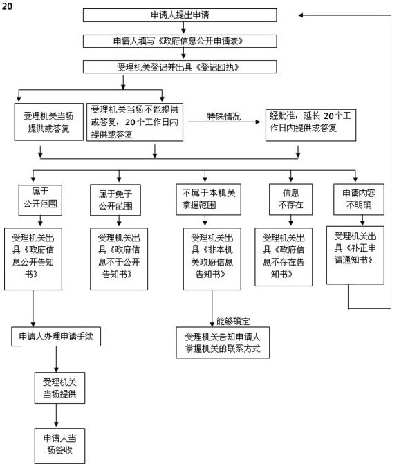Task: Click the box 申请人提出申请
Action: click(x=180, y=15)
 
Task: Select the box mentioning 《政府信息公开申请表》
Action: click(x=180, y=41)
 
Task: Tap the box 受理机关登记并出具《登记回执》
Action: click(x=180, y=67)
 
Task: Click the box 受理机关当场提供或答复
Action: click(x=49, y=122)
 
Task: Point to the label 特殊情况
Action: click(x=224, y=116)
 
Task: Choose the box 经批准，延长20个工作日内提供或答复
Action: click(x=310, y=125)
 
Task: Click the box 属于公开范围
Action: click(x=40, y=200)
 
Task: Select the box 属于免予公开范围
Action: click(x=115, y=200)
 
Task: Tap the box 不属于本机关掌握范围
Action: click(x=208, y=199)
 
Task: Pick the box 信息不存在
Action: click(x=290, y=199)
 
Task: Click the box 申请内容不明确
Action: click(x=359, y=199)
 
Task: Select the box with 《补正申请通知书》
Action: click(x=355, y=255)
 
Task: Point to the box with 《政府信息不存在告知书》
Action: click(x=284, y=257)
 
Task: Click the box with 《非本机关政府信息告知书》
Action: click(x=212, y=259)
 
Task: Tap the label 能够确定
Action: click(x=233, y=322)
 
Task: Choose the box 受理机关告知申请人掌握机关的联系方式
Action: click(x=223, y=343)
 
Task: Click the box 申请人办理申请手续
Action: click(x=56, y=336)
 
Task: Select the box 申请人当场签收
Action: click(x=59, y=446)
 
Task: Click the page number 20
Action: click(x=7, y=6)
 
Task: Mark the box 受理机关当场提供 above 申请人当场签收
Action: click(x=59, y=388)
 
